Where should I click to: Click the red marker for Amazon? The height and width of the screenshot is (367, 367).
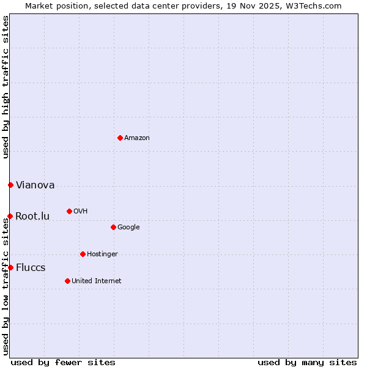coord(120,138)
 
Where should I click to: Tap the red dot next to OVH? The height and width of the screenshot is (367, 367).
coord(69,211)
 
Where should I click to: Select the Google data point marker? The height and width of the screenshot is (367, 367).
coord(113,227)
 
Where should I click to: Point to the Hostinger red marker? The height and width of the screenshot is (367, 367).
coord(83,254)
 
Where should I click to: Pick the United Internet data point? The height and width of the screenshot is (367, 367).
coord(67,281)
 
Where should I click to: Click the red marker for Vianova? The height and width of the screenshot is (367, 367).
coord(10,185)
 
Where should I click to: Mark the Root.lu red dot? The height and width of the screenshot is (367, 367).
coord(10,216)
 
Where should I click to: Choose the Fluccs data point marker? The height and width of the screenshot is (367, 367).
coord(10,267)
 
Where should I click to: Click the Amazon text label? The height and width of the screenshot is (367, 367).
coord(137,138)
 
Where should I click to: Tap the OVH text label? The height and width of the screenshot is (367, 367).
coord(81,212)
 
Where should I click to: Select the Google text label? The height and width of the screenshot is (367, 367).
coord(128,228)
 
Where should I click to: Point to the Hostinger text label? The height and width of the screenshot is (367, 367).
coord(102,254)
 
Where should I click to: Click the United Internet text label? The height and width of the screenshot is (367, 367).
coord(97,281)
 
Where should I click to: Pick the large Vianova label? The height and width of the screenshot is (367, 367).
coord(35,185)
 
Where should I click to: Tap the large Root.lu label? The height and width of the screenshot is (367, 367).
coord(32,217)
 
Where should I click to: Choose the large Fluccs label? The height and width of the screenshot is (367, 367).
coord(31,268)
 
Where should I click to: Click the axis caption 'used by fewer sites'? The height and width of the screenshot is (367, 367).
coord(63,363)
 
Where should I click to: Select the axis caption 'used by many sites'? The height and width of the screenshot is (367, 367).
coord(307,363)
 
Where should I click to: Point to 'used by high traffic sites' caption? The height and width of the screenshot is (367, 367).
coord(6,87)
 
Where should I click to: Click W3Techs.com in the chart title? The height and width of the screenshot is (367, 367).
coord(311,6)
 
